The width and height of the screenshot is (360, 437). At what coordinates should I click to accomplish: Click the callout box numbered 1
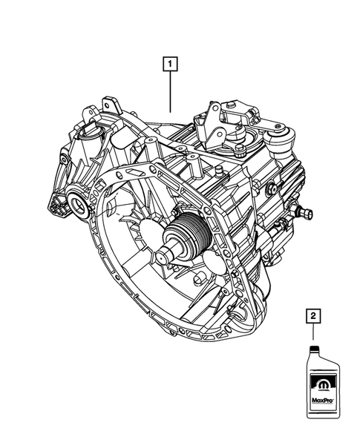click(171, 63)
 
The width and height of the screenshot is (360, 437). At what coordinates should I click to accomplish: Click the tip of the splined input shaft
click(166, 256)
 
